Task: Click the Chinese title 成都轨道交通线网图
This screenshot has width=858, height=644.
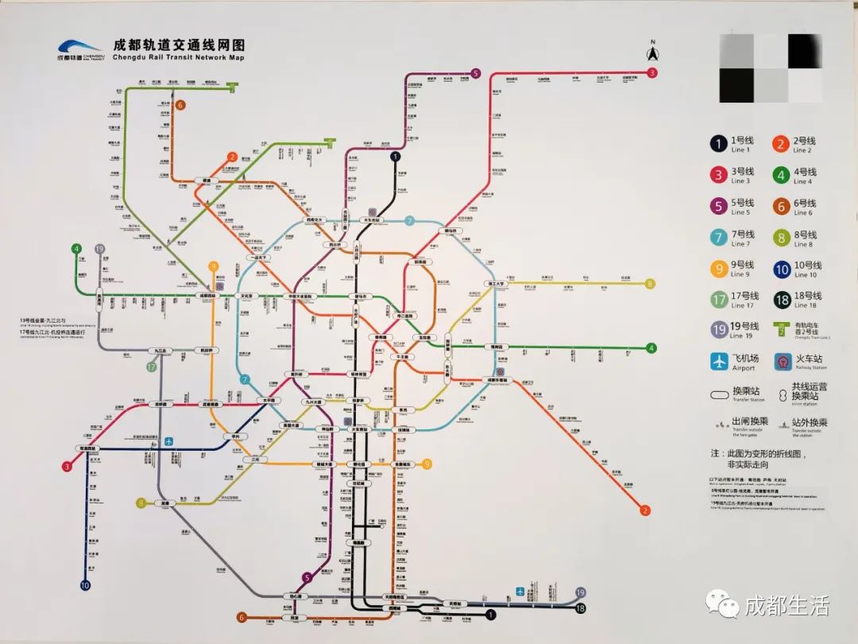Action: [x=180, y=46]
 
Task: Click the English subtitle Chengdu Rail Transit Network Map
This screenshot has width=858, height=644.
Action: [x=180, y=58]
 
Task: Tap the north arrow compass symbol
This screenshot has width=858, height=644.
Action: [x=651, y=52]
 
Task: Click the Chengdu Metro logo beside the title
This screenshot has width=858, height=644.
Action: [x=79, y=49]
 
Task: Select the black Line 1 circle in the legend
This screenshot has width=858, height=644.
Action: [x=718, y=144]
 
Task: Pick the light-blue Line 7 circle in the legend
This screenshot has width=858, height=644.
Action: [x=718, y=238]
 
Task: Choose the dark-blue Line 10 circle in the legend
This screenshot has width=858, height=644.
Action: [x=781, y=270]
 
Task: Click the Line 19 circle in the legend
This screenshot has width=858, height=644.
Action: [x=718, y=331]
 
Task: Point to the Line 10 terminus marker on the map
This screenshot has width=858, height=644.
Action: [x=85, y=586]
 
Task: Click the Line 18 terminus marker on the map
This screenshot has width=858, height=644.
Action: [x=581, y=609]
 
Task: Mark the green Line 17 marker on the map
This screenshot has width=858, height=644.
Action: [x=151, y=367]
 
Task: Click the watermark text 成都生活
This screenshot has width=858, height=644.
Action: [x=787, y=607]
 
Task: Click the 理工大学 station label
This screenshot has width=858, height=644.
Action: [x=496, y=284]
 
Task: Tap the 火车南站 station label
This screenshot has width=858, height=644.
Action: [x=359, y=429]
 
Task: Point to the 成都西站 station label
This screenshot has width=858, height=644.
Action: [x=208, y=296]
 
